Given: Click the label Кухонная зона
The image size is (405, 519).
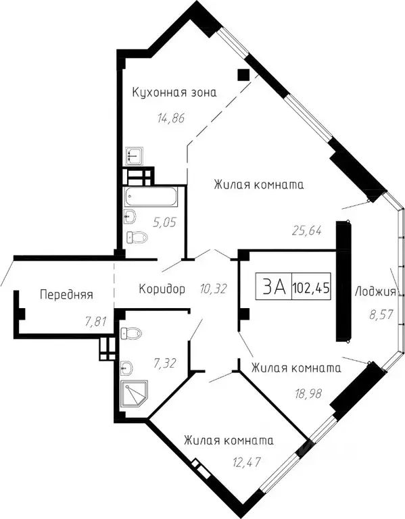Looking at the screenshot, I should click(x=174, y=93).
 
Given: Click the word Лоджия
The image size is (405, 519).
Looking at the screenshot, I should click(x=375, y=292).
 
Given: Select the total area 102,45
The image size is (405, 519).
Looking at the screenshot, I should click(x=311, y=288).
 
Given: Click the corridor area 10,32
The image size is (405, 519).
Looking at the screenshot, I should click(x=214, y=289).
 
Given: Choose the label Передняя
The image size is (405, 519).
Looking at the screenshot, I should click(x=66, y=295).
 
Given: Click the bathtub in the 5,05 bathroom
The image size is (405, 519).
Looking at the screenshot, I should click(x=150, y=198).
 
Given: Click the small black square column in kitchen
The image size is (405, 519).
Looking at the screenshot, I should click(x=243, y=74).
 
